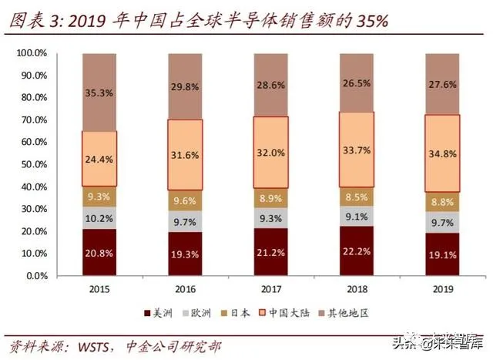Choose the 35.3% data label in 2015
tap(99, 93)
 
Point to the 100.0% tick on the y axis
tap(34, 53)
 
